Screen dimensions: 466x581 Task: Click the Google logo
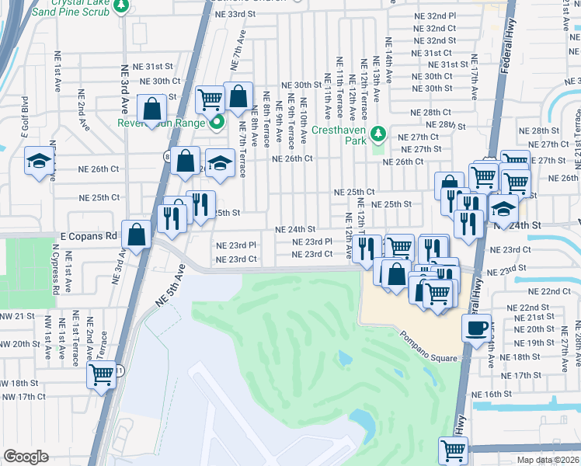click(x=26, y=457)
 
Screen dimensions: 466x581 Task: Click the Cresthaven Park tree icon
click(x=378, y=133)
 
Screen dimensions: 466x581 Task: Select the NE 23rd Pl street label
click(x=313, y=242)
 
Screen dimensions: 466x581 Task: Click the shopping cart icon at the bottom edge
click(x=453, y=449)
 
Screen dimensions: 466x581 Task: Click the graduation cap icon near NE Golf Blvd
click(x=38, y=161)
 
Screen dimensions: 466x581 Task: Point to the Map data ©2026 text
click(x=548, y=460)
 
